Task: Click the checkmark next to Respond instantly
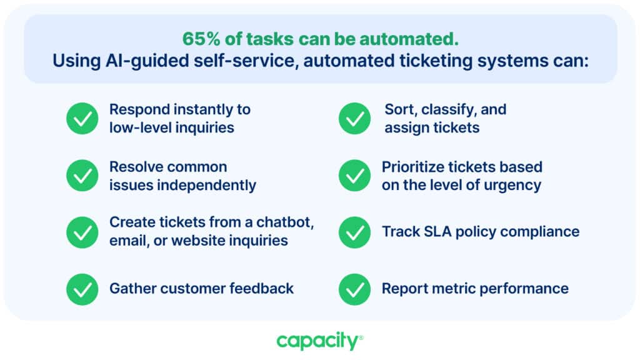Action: pyautogui.click(x=82, y=118)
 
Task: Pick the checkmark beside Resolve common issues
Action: pyautogui.click(x=82, y=176)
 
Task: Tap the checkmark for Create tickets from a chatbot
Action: pyautogui.click(x=82, y=232)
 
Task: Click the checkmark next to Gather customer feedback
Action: pyautogui.click(x=82, y=289)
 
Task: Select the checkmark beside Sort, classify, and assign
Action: pyautogui.click(x=355, y=118)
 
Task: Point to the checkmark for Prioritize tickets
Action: pyautogui.click(x=355, y=176)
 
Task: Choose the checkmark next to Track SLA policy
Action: pyautogui.click(x=355, y=232)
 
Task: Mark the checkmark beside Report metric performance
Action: pyautogui.click(x=355, y=289)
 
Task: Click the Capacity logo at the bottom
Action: pyautogui.click(x=319, y=341)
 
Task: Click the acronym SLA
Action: pyautogui.click(x=437, y=231)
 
